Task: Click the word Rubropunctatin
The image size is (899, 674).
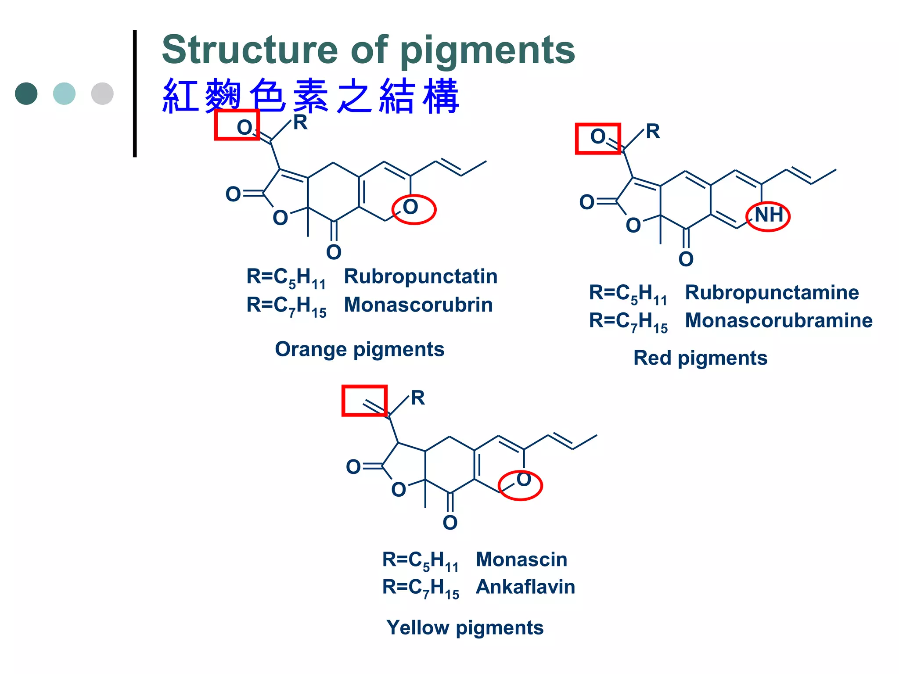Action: tap(420, 276)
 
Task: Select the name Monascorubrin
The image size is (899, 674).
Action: tap(418, 305)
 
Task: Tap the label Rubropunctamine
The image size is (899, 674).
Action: tap(772, 292)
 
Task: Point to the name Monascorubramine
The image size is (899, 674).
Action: tap(778, 320)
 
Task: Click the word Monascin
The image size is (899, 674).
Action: tap(521, 559)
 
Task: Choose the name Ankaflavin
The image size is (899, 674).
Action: tap(525, 587)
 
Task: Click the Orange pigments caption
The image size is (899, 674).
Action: tap(360, 349)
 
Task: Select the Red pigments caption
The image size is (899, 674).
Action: tap(700, 358)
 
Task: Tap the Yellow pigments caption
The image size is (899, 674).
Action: tap(465, 627)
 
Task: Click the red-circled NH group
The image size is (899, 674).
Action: tap(768, 215)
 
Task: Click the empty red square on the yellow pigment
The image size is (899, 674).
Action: tap(364, 400)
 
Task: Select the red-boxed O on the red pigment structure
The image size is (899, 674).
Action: tap(598, 137)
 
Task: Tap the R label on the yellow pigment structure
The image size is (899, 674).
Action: tap(417, 398)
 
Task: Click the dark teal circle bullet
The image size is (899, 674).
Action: tap(26, 93)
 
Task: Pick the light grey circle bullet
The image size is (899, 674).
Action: tap(102, 93)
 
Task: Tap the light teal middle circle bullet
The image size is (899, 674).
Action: tap(64, 93)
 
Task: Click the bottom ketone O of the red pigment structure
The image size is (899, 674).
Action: tap(686, 259)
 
